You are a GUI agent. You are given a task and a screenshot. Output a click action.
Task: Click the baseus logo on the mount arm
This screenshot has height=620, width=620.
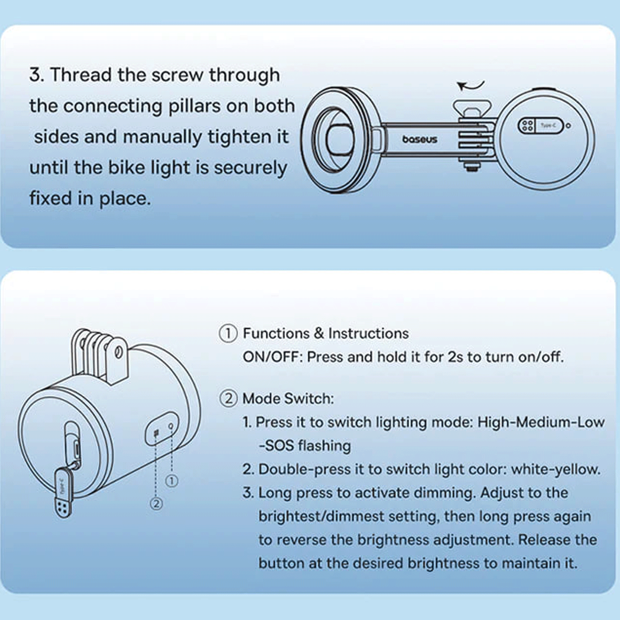420,139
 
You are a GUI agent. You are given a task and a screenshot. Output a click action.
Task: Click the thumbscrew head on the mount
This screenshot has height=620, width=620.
472,109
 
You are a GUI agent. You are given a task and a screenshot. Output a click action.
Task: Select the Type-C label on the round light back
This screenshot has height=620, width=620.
548,125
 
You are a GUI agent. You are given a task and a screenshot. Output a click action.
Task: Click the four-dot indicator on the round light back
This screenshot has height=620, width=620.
527,125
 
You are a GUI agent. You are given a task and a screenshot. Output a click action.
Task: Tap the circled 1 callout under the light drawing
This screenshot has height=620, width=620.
172,481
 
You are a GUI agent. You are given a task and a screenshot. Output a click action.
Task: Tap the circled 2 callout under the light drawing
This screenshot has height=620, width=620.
156,504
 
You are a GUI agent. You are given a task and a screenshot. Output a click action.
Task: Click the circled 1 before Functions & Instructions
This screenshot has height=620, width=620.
228,333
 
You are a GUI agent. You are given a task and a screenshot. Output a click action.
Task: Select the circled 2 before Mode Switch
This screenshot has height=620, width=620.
228,399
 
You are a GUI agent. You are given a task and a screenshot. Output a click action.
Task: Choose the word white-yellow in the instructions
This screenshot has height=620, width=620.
556,470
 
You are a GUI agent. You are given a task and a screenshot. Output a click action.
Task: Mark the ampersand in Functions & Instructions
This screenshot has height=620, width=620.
319,333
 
